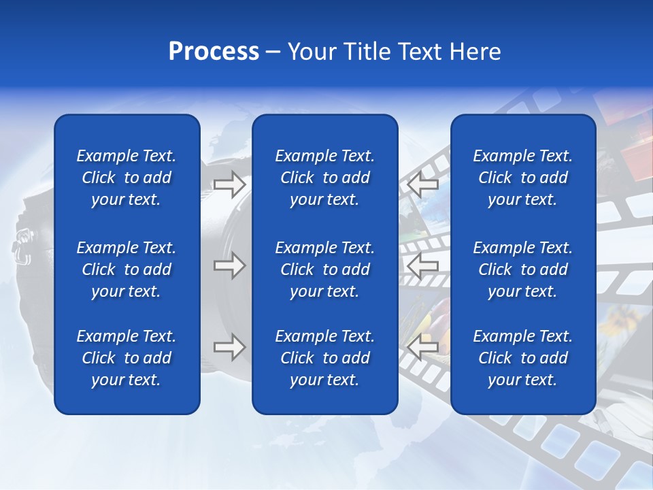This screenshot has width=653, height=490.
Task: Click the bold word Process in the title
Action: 214,52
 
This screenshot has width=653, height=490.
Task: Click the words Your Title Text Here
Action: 395,52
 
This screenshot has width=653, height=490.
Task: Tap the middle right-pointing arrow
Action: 229,265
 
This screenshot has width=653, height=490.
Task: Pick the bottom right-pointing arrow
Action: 229,348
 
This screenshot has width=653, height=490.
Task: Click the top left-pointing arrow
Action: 423,184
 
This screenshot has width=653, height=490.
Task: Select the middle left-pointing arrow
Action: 423,265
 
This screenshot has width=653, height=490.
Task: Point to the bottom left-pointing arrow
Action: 423,348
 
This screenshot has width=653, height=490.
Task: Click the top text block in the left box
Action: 127,178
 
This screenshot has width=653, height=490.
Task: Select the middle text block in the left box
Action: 127,269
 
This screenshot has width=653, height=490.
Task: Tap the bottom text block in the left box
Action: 127,358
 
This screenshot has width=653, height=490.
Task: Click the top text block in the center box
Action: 324,178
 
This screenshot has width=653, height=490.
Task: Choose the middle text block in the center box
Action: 324,269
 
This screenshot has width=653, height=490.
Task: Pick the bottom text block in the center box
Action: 324,358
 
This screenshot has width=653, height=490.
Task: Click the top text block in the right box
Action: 522,178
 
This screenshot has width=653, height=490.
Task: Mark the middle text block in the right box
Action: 522,269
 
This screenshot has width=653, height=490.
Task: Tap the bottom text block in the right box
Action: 522,358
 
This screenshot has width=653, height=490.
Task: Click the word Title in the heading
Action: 365,52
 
